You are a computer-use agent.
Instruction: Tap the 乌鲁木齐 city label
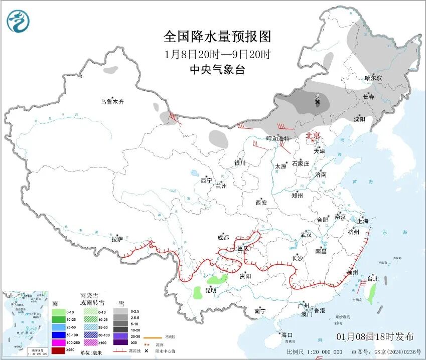111,102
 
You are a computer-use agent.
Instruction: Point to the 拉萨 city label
117,239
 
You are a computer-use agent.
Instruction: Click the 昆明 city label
211,290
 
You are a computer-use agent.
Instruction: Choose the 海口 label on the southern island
287,334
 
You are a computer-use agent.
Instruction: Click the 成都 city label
223,238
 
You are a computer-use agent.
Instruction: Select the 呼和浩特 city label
278,139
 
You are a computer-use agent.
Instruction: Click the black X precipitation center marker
317,102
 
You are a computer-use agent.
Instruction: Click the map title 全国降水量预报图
217,37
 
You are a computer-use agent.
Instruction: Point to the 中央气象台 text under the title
217,70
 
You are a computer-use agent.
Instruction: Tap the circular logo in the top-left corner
18,22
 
